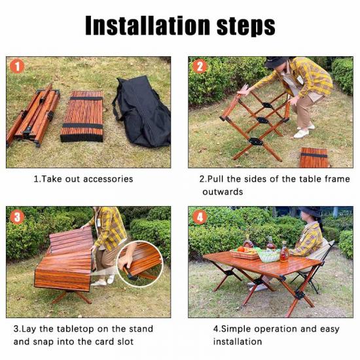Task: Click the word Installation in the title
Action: [147, 26]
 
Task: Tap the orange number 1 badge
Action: [17, 66]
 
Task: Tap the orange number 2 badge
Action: [199, 66]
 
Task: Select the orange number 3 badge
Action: [17, 217]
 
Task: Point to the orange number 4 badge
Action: [200, 217]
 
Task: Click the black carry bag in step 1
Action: [142, 111]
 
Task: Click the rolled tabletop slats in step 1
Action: [82, 116]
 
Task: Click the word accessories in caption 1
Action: [108, 179]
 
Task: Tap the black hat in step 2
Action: [276, 62]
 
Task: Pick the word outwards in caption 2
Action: [223, 192]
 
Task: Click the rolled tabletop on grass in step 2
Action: [314, 158]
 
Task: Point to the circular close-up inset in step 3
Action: [140, 264]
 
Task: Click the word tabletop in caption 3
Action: [75, 329]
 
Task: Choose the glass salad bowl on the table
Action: [268, 255]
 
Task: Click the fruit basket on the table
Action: [245, 253]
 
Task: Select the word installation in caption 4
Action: [238, 342]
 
